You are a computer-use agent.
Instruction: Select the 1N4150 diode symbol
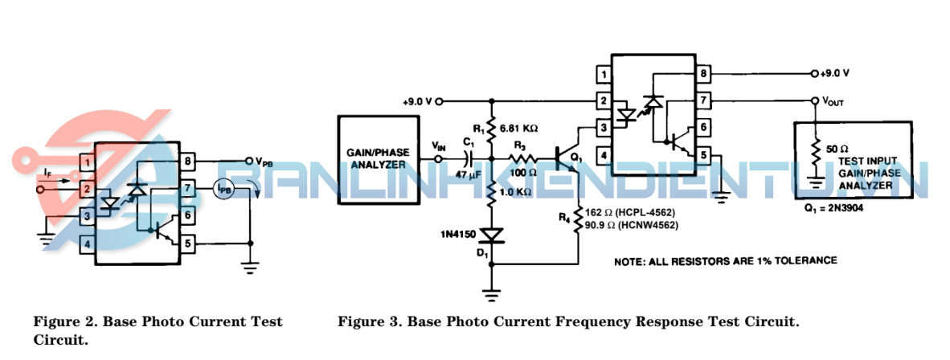point(491,235)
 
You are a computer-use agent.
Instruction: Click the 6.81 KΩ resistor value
point(518,128)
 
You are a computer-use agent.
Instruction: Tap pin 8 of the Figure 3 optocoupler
point(704,74)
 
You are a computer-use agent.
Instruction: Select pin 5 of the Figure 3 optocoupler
point(704,155)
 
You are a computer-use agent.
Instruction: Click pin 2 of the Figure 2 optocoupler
point(85,190)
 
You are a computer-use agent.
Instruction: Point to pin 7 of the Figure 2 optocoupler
point(186,189)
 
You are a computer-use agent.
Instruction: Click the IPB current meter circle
point(224,190)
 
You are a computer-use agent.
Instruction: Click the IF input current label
point(47,174)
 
